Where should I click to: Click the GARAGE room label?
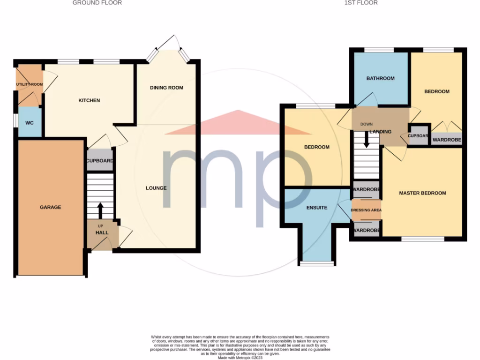point(50,207)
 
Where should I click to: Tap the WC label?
point(29,123)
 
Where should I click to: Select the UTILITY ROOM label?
point(29,84)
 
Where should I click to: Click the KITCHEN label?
point(89,100)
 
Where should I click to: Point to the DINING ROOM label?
point(166,88)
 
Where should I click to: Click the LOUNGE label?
point(156,188)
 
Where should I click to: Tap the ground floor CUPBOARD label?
point(100,161)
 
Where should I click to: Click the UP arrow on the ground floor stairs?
point(100,210)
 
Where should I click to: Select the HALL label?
point(102,232)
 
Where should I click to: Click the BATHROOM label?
point(380,78)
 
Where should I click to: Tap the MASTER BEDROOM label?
point(422,193)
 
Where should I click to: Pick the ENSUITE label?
point(317,207)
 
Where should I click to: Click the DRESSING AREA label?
point(366,210)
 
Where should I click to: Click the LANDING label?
point(380,132)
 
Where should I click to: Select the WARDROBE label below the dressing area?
point(366,231)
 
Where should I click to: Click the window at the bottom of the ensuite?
point(317,263)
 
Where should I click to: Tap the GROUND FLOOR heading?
point(97,3)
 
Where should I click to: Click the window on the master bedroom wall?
point(423,239)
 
